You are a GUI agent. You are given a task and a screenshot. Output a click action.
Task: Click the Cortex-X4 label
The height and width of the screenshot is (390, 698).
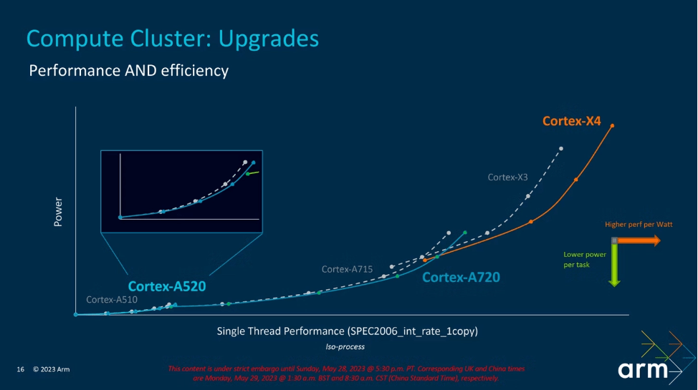pyautogui.click(x=571, y=122)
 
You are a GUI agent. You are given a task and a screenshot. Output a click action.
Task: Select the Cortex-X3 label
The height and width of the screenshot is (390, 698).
pyautogui.click(x=507, y=177)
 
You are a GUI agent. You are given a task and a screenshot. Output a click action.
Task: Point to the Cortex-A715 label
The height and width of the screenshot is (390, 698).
pyautogui.click(x=347, y=269)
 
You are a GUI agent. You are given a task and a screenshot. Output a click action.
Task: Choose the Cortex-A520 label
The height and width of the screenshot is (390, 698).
pyautogui.click(x=167, y=287)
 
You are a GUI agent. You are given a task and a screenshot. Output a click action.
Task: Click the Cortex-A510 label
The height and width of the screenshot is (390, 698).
pyautogui.click(x=111, y=300)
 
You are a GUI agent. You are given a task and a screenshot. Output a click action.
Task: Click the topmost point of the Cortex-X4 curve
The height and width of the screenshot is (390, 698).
pyautogui.click(x=612, y=126)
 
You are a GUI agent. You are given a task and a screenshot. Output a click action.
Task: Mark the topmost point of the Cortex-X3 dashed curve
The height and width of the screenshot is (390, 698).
pyautogui.click(x=561, y=149)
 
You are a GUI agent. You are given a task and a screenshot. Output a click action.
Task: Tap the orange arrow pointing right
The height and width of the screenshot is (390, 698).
pyautogui.click(x=638, y=240)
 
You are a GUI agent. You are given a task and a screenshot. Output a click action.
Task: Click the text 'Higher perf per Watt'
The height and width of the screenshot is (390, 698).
pyautogui.click(x=639, y=225)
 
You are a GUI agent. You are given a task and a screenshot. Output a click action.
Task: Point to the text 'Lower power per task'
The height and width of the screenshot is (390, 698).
pyautogui.click(x=584, y=259)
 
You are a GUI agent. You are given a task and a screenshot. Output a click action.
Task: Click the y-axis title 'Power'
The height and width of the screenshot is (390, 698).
pyautogui.click(x=58, y=213)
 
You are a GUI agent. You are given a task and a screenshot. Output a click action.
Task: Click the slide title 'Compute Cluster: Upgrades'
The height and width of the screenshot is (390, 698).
pyautogui.click(x=172, y=38)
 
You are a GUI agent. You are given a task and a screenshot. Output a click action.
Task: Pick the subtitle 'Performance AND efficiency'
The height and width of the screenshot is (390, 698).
pyautogui.click(x=128, y=71)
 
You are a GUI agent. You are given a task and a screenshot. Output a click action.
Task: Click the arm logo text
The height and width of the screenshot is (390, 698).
pyautogui.click(x=643, y=370)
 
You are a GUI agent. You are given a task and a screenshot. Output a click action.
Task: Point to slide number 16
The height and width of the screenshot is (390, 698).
pyautogui.click(x=21, y=369)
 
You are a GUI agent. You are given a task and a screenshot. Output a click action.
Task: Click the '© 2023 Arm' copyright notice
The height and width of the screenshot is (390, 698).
pyautogui.click(x=52, y=369)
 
